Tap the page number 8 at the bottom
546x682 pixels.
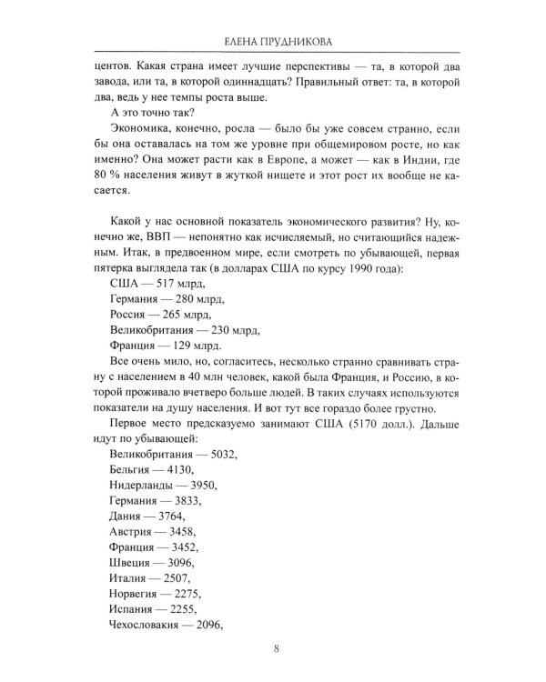[276, 647]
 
